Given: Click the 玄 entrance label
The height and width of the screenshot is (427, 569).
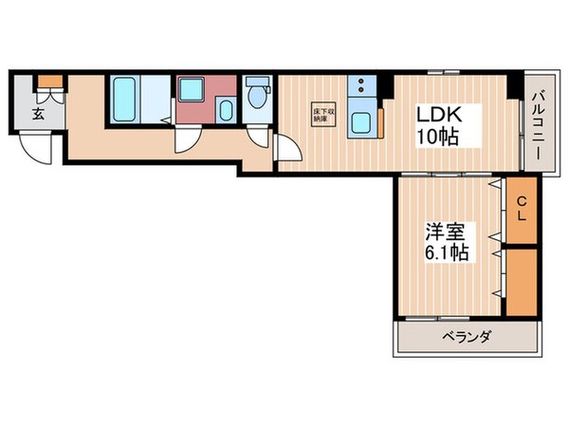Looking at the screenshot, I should tap(38, 115).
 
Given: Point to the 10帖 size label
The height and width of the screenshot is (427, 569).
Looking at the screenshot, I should tap(437, 137).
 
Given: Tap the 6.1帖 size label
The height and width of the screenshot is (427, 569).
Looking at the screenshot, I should tap(442, 254).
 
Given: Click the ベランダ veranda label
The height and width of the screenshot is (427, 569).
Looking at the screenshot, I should tap(465, 337).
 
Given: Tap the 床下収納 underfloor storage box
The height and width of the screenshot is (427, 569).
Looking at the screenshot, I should tap(322, 116).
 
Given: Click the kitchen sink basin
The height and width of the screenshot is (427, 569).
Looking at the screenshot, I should tap(361, 121).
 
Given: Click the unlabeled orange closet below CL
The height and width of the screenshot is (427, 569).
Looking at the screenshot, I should tap(521, 281).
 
